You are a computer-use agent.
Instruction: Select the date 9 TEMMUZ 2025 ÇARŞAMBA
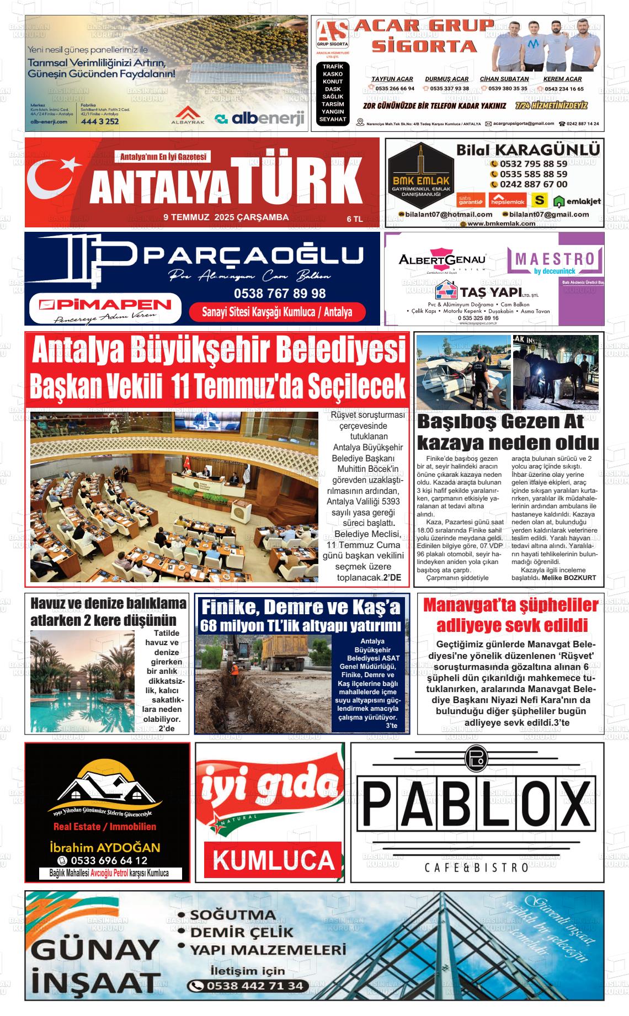226,217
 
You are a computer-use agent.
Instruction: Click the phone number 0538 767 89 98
280,294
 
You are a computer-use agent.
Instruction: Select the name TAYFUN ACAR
392,79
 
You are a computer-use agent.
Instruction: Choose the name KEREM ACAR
563,79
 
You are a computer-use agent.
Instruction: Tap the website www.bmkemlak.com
501,224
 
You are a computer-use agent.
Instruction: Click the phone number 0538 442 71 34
254,986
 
